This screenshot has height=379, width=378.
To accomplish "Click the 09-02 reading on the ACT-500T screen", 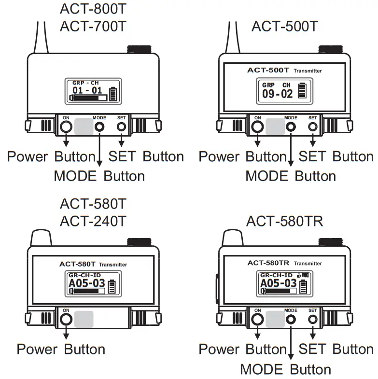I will tap(278, 93).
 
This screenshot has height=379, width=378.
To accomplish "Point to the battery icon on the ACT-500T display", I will tap(303, 90).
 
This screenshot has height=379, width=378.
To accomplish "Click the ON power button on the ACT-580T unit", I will tap(66, 319).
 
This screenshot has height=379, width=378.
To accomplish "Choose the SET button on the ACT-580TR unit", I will tap(313, 319).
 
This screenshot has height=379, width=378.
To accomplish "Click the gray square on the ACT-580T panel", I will tap(84, 319).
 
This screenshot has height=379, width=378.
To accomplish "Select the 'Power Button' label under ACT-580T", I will tap(61, 349).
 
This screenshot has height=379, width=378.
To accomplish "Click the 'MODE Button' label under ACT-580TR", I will tap(286, 369).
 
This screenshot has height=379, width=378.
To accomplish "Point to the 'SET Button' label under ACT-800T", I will tap(146, 156).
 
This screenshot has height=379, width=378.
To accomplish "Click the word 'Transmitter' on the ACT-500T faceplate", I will tap(308, 71).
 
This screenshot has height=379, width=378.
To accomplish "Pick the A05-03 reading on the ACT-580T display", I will tap(87, 283).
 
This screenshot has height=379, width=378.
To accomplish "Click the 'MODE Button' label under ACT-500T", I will tap(291, 176).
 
